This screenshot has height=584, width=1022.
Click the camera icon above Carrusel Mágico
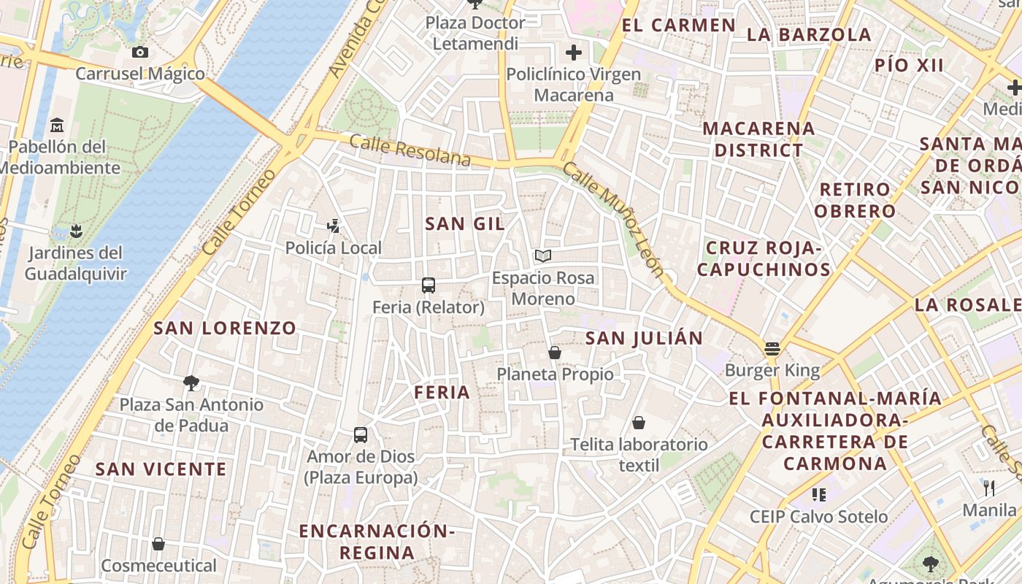coord(140,52)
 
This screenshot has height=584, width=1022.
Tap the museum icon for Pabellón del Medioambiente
coord(57,125)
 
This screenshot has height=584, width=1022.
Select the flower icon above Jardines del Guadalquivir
coord(76,231)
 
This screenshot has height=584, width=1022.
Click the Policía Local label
coord(333,247)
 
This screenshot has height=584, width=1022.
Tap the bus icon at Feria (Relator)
coord(429,285)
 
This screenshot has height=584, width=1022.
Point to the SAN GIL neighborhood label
coord(465,224)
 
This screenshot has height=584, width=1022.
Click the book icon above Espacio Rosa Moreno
coord(542,255)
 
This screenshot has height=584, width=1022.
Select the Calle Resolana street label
coord(410,150)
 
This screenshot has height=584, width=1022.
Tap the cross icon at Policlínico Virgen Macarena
coord(574,53)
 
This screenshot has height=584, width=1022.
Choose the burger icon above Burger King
coord(772,348)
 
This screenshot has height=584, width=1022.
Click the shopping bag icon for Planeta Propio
coord(555,353)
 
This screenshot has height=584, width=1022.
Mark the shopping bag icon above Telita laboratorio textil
coord(639,423)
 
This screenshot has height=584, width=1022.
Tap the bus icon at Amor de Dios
coord(361,435)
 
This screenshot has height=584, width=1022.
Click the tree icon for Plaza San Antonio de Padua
coord(191,383)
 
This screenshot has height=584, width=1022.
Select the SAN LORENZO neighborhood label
coord(225,328)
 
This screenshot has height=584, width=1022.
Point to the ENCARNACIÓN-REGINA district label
coord(377,541)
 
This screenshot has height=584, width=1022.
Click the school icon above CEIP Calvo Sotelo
coord(819,495)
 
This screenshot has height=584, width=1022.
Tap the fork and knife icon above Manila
coord(989,488)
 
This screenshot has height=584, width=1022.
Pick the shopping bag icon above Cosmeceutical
coord(158,544)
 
